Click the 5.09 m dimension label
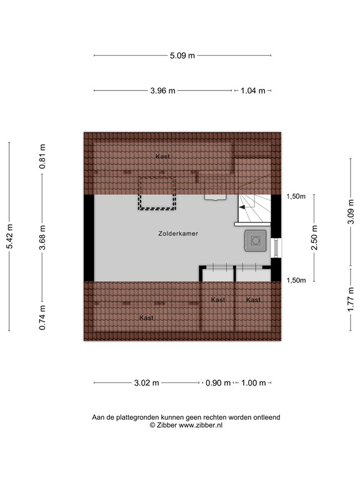[182, 56]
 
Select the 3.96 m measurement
[162, 91]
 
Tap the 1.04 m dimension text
[252, 91]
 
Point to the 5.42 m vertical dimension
[9, 237]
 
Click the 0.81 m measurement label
[42, 157]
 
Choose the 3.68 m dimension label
[42, 237]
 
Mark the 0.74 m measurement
[42, 317]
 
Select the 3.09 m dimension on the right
[351, 216]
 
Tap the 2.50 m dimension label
[314, 238]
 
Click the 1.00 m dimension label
[253, 383]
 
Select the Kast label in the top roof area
[162, 156]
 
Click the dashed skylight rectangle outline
[157, 194]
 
